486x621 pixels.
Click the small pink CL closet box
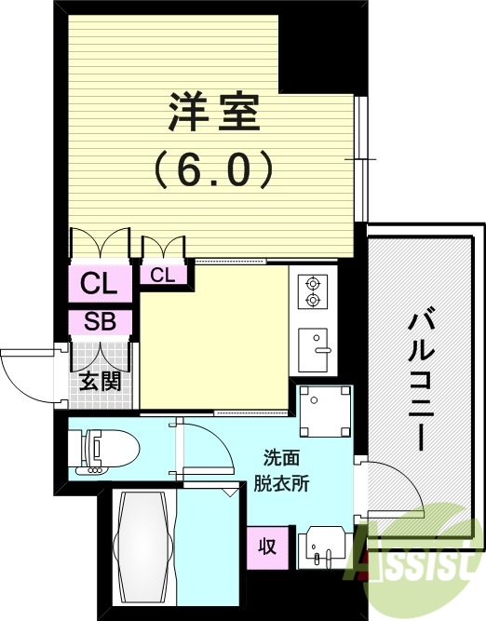click(x=164, y=275)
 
